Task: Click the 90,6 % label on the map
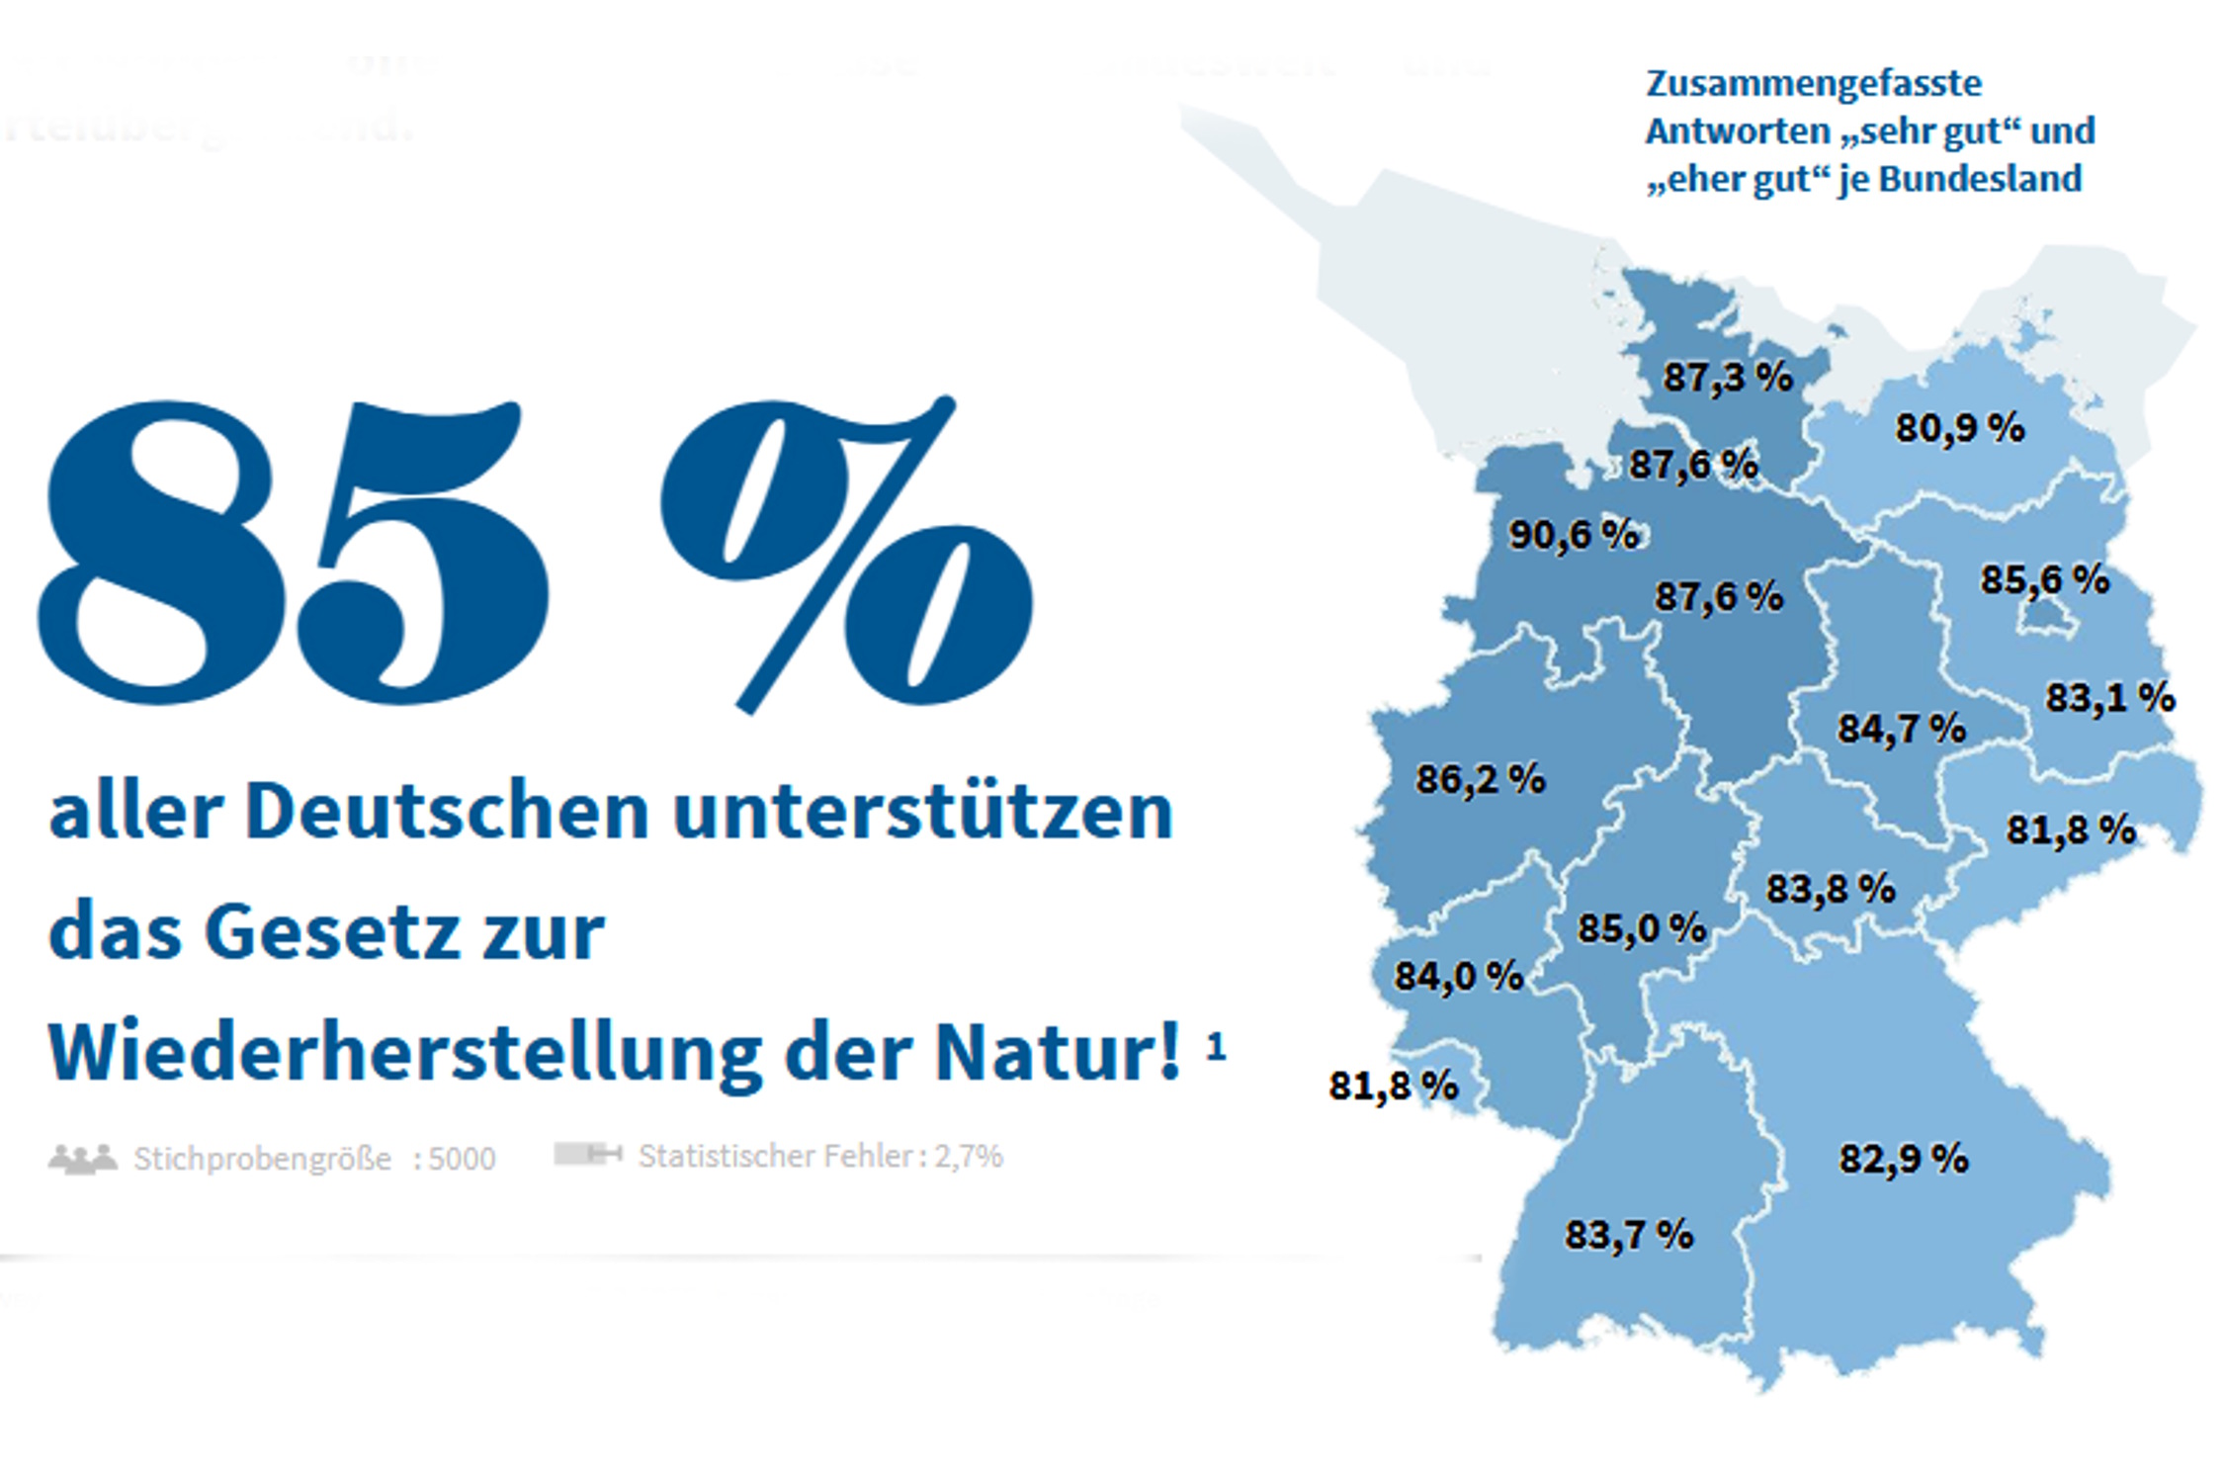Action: pyautogui.click(x=1573, y=535)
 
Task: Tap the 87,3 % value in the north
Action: pyautogui.click(x=1727, y=377)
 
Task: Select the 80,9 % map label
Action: pyautogui.click(x=1959, y=428)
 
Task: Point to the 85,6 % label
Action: pyautogui.click(x=2044, y=579)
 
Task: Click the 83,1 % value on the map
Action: pyautogui.click(x=2109, y=698)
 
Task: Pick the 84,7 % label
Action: pyautogui.click(x=1901, y=729)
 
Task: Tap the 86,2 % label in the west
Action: pyautogui.click(x=1480, y=779)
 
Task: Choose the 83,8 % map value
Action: pyautogui.click(x=1831, y=889)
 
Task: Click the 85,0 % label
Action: pyautogui.click(x=1641, y=928)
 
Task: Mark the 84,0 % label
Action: pyautogui.click(x=1458, y=977)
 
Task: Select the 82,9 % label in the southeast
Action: pyautogui.click(x=1903, y=1159)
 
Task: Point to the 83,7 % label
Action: pyautogui.click(x=1628, y=1235)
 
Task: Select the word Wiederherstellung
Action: pyautogui.click(x=405, y=1053)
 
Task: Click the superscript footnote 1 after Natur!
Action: pyautogui.click(x=1216, y=1046)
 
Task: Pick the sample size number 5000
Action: pyautogui.click(x=463, y=1158)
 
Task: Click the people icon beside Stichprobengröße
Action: pyautogui.click(x=83, y=1158)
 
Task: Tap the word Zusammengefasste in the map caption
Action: pyautogui.click(x=1813, y=83)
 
